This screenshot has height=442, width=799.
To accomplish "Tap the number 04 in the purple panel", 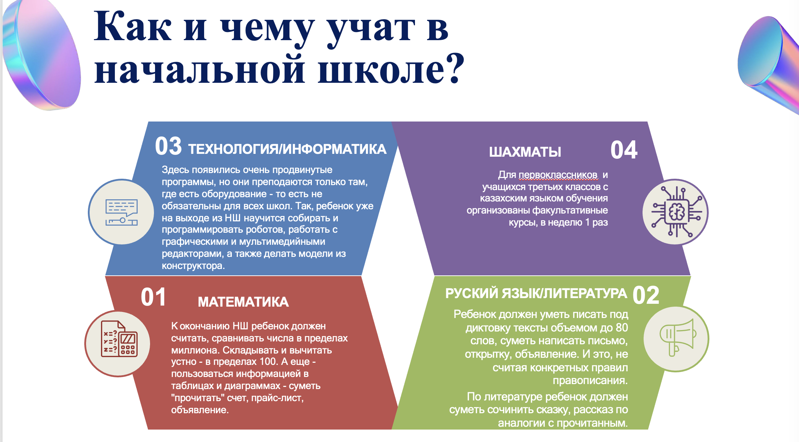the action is (x=624, y=150).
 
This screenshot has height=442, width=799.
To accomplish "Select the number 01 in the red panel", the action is (x=153, y=297).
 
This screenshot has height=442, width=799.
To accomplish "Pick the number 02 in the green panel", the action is (x=646, y=295).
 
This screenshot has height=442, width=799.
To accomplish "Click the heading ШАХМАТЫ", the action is (x=525, y=152).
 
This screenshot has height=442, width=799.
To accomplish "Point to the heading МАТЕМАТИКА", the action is (x=243, y=302).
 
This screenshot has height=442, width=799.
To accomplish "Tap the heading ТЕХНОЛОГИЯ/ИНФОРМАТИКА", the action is (x=287, y=149).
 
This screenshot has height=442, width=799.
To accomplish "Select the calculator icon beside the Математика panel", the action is (x=119, y=339).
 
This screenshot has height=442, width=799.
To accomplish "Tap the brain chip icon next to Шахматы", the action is (x=676, y=212).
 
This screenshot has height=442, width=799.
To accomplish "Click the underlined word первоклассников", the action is (x=558, y=175).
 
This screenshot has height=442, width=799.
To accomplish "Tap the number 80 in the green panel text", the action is (x=622, y=328).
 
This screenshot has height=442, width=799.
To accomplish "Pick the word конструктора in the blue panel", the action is (x=193, y=266).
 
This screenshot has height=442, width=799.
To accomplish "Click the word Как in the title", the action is (x=133, y=27).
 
